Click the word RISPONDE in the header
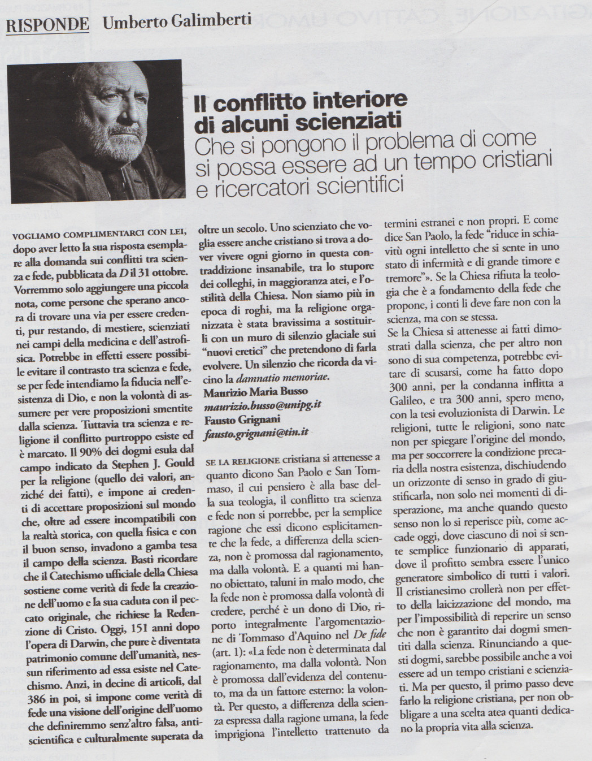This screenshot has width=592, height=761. pyautogui.click(x=47, y=24)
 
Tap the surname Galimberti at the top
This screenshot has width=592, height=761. pyautogui.click(x=215, y=21)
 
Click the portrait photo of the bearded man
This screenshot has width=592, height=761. pyautogui.click(x=96, y=131)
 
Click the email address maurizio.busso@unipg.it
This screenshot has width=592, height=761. pyautogui.click(x=263, y=405)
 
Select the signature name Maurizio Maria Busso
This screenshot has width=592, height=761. pyautogui.click(x=255, y=391)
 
